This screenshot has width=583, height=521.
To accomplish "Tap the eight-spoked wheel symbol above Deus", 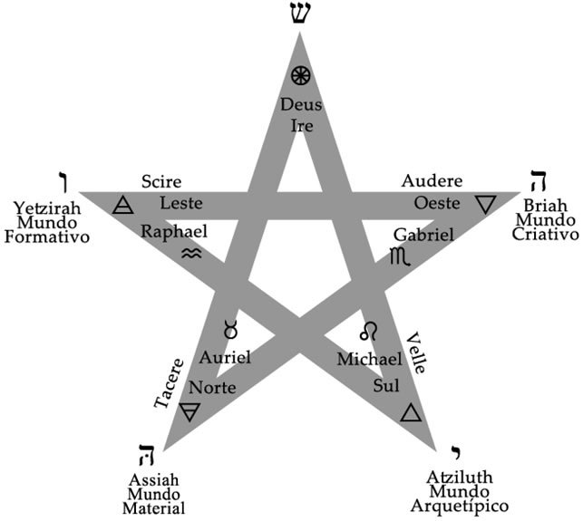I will pyautogui.click(x=300, y=76).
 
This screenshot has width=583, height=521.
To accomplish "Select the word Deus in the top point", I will pyautogui.click(x=300, y=104).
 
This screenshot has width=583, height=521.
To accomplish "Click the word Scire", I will pyautogui.click(x=161, y=182).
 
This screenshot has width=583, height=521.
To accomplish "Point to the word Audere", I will pyautogui.click(x=432, y=181).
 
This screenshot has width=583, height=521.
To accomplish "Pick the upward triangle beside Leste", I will pyautogui.click(x=122, y=206).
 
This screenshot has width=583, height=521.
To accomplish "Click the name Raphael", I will pyautogui.click(x=173, y=231).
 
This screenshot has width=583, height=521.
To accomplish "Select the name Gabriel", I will pyautogui.click(x=423, y=234).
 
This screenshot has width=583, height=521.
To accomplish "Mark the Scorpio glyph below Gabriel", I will pyautogui.click(x=398, y=256).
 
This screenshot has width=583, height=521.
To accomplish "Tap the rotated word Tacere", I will pyautogui.click(x=169, y=382).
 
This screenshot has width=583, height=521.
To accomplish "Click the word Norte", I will pyautogui.click(x=212, y=388).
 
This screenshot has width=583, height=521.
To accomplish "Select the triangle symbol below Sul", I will pyautogui.click(x=411, y=413).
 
